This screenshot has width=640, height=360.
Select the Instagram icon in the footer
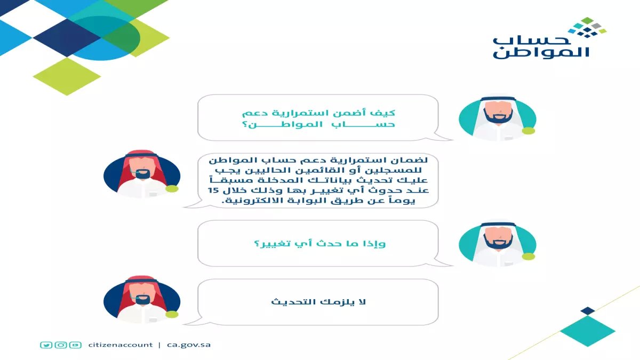[x=61, y=345]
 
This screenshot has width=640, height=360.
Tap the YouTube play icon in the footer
[x=75, y=345]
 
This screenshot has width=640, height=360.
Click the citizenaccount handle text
[x=121, y=345]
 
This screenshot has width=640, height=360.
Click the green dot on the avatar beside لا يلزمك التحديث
[x=171, y=315]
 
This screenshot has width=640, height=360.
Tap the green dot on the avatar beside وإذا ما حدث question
[x=528, y=257]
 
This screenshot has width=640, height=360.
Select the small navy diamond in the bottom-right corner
[x=587, y=310]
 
